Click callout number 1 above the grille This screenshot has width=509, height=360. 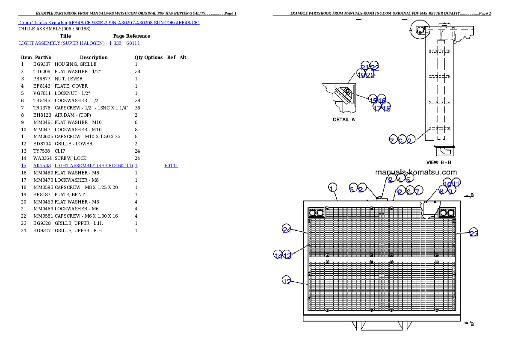(x=331, y=188)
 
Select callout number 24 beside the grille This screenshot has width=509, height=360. (x=287, y=229)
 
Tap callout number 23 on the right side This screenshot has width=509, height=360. (x=473, y=233)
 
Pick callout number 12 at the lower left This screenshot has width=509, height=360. (x=287, y=281)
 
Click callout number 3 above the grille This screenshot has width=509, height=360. (x=352, y=189)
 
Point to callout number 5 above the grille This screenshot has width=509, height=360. (x=409, y=179)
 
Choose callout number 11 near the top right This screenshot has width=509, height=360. (x=456, y=183)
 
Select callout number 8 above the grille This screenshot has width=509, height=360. (x=441, y=192)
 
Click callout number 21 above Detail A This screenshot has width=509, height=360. (x=364, y=67)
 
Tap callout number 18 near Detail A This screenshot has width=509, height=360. (x=386, y=108)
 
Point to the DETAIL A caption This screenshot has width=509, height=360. (x=344, y=120)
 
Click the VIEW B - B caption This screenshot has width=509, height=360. (x=438, y=162)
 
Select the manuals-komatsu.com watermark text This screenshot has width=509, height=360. (x=416, y=172)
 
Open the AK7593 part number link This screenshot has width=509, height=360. (x=42, y=165)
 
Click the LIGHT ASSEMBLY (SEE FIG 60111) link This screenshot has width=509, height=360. (x=94, y=165)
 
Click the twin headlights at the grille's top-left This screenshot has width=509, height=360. (x=317, y=212)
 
